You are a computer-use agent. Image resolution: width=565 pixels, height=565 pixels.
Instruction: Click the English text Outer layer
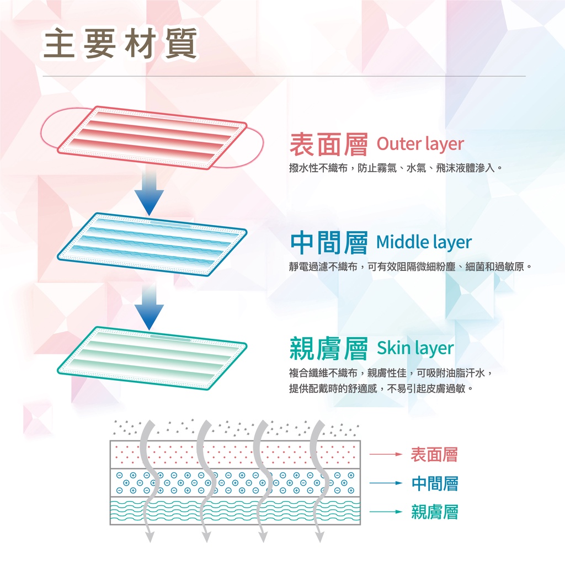[x=420, y=144]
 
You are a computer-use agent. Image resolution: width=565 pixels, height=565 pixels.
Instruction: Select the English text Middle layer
[x=424, y=242]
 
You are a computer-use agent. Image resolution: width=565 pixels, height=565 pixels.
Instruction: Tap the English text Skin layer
[x=415, y=348]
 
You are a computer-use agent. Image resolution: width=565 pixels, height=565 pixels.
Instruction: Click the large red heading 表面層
[x=329, y=145]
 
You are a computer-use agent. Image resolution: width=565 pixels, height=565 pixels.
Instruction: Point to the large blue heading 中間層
[x=329, y=243]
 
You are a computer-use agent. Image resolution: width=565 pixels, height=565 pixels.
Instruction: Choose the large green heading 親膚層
[x=329, y=349]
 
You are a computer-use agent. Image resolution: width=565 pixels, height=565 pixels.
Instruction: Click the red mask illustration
[x=152, y=138]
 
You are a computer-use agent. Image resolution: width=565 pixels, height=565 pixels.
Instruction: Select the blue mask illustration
[x=152, y=244]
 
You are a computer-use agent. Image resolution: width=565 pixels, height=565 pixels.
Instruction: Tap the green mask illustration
[x=152, y=358]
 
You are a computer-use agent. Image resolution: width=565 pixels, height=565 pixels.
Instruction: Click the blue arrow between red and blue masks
[x=149, y=193]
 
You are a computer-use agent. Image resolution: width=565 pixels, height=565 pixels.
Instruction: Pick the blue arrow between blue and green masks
[x=149, y=306]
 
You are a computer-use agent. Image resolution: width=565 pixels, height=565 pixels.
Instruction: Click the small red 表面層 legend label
[x=434, y=455]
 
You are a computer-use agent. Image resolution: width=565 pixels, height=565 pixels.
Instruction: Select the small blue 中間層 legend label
[x=435, y=483]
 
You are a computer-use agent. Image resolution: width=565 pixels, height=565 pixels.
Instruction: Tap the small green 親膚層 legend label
[x=435, y=511]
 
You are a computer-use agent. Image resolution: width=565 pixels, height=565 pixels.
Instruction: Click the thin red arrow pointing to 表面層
[x=386, y=455]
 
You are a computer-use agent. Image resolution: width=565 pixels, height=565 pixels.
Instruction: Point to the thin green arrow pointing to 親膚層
[x=386, y=511]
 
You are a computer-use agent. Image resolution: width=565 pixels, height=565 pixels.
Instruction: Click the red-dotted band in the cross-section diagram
[x=235, y=455]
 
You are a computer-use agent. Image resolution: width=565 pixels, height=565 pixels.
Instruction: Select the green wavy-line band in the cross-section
[x=235, y=510]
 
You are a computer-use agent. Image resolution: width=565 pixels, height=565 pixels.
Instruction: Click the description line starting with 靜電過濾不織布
[x=410, y=267]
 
